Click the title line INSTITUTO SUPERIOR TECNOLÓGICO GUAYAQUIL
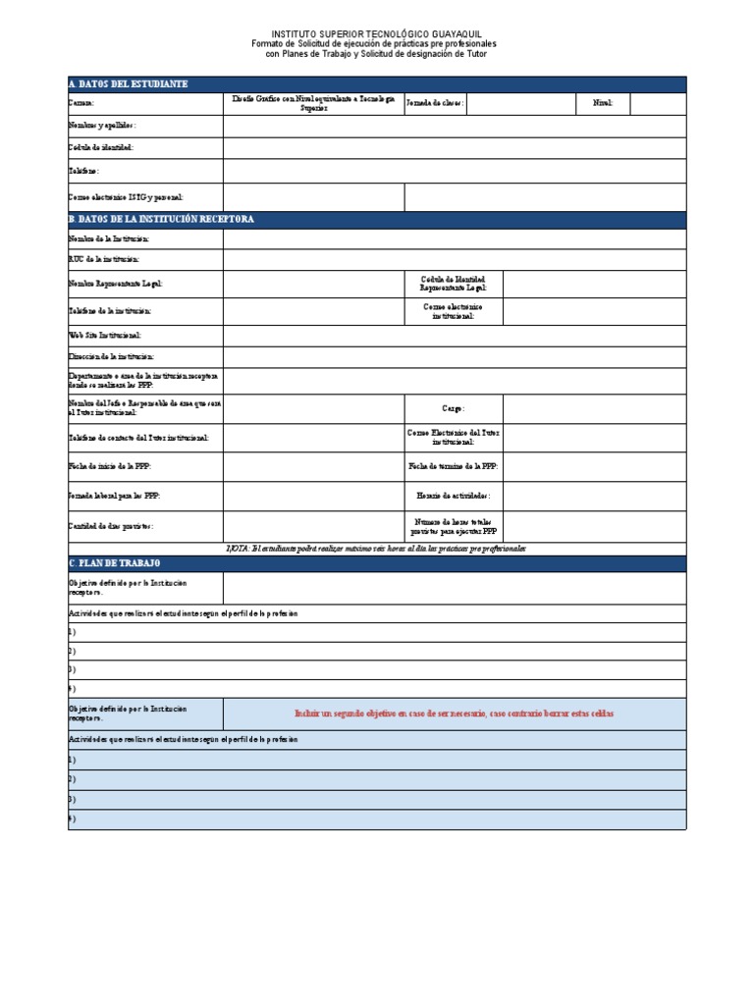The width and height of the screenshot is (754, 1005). [x=377, y=33]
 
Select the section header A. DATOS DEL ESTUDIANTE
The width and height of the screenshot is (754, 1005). [x=128, y=84]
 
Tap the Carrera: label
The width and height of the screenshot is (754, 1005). [x=81, y=103]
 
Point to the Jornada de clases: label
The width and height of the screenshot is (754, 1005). [x=435, y=103]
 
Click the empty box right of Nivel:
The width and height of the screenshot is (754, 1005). [x=658, y=104]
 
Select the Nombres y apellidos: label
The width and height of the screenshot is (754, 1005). [x=102, y=126]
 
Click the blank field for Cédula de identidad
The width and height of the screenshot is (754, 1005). [x=454, y=148]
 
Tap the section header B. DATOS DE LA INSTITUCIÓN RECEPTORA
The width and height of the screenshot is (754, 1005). [x=162, y=219]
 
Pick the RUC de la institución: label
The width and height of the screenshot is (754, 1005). [x=104, y=259]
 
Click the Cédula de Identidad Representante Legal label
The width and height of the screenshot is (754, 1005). [x=453, y=284]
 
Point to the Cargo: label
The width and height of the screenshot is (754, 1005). [x=453, y=408]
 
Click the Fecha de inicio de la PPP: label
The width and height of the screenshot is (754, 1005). [x=110, y=466]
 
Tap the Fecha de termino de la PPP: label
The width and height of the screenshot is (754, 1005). [x=453, y=466]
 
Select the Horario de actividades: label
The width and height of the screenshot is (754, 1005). [x=453, y=497]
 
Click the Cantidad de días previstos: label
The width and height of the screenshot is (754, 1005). [x=111, y=526]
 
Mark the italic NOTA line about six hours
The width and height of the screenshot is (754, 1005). [x=377, y=548]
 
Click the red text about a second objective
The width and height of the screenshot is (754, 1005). [x=455, y=714]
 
